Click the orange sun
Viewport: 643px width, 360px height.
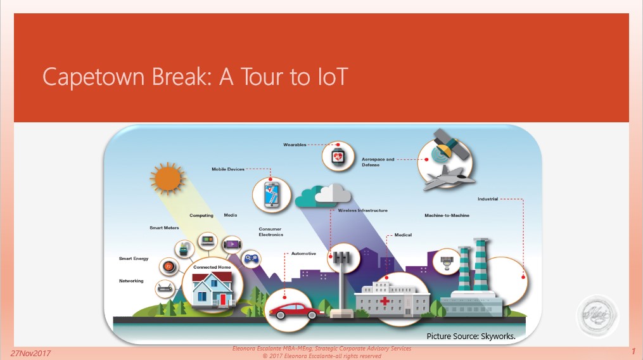tap(167, 179)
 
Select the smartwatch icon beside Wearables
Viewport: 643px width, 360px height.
tap(338, 157)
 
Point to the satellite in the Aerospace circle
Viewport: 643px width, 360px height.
tap(450, 144)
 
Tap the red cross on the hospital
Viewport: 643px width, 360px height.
tap(385, 301)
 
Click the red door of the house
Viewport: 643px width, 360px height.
tap(223, 299)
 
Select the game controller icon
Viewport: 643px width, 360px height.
tap(251, 259)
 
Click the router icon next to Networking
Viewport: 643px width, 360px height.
tap(166, 288)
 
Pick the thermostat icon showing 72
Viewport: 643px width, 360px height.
tap(169, 267)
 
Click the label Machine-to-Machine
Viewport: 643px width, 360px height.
tap(447, 215)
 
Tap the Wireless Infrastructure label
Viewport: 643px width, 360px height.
tap(362, 210)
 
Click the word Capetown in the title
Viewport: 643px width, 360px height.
tap(94, 77)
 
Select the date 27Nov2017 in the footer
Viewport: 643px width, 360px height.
tap(30, 353)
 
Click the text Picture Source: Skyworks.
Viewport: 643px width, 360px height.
tap(471, 336)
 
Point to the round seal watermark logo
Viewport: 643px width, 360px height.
tap(597, 316)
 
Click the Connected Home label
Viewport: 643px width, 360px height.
tap(212, 267)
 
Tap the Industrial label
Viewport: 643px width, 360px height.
tap(488, 199)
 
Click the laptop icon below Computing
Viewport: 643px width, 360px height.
tap(208, 240)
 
